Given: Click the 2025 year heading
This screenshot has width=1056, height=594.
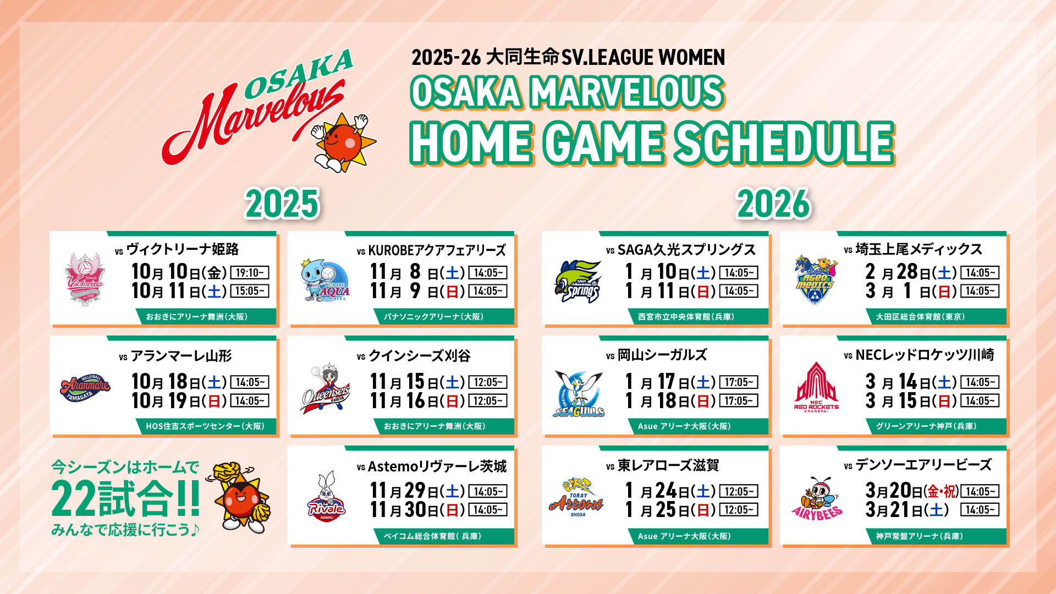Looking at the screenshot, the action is (x=282, y=204).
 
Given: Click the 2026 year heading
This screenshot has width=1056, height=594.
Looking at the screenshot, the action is (x=773, y=204).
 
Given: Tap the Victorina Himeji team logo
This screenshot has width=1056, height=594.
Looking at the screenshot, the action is (x=85, y=279).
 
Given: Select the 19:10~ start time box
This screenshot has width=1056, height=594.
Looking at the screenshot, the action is (x=250, y=273).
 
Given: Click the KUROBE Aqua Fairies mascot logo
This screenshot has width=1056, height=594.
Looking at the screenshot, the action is (x=324, y=280).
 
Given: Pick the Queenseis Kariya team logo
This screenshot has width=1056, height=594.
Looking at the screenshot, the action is (x=326, y=388).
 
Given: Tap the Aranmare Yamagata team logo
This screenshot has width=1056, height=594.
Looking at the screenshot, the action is (x=85, y=388).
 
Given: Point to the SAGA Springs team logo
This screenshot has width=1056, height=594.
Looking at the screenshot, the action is (x=577, y=281).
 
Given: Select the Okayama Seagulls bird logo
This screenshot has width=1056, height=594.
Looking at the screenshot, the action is (x=579, y=393).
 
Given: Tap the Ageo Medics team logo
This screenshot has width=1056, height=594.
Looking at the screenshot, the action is (x=815, y=279).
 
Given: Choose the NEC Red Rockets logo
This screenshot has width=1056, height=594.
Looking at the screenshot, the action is (x=816, y=387).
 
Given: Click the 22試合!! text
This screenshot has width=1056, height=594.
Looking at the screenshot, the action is (x=125, y=498).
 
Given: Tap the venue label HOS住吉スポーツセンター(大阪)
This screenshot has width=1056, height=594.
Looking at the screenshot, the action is (x=205, y=426).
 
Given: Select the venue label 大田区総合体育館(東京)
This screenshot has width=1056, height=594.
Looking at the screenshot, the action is (x=920, y=317).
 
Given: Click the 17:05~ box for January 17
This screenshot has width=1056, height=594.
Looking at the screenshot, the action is (x=739, y=382).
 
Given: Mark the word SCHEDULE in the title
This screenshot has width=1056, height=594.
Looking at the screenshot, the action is (x=784, y=143).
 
